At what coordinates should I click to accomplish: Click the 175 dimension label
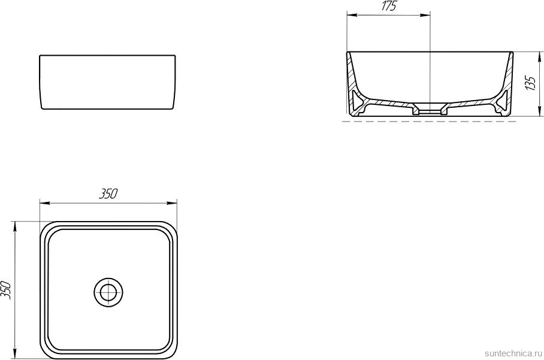pyautogui.click(x=388, y=7)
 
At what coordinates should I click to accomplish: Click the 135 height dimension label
pyautogui.click(x=530, y=82)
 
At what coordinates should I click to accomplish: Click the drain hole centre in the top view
pyautogui.click(x=108, y=292)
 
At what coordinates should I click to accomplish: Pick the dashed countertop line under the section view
pyautogui.click(x=428, y=122)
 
